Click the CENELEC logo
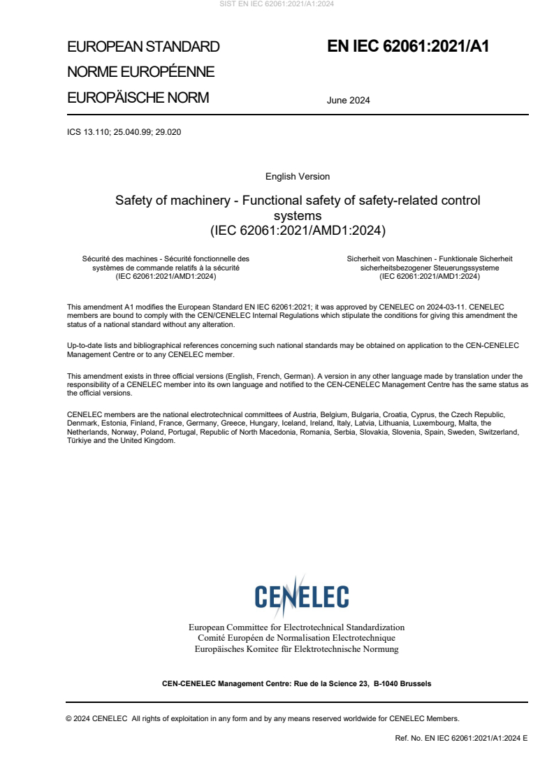[301, 596]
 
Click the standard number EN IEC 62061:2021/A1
[408, 47]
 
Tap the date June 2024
[348, 100]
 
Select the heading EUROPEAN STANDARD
[143, 47]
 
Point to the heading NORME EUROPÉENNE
[140, 72]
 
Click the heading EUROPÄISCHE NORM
[138, 98]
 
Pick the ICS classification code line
[124, 131]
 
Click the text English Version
[298, 177]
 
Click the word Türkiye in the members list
[79, 441]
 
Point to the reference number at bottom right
[461, 738]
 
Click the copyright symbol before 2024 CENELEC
[69, 718]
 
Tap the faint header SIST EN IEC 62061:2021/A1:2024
[277, 4]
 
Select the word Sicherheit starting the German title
[365, 259]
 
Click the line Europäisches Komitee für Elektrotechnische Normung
[297, 649]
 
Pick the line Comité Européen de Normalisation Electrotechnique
[297, 638]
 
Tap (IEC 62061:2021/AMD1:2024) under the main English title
[298, 229]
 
